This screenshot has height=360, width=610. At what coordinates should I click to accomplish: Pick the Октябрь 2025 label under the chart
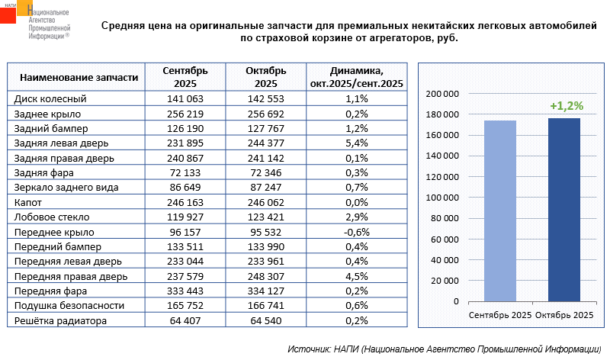(564, 315)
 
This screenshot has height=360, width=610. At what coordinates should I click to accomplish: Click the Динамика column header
(356, 77)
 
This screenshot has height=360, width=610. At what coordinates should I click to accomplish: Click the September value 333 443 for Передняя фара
(185, 291)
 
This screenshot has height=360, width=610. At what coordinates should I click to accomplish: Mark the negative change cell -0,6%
(356, 232)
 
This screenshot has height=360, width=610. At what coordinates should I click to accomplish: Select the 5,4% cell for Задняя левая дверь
(356, 143)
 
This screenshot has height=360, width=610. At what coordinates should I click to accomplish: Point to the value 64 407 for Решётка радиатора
(185, 321)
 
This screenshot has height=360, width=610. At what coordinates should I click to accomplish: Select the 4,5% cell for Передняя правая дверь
(356, 276)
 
